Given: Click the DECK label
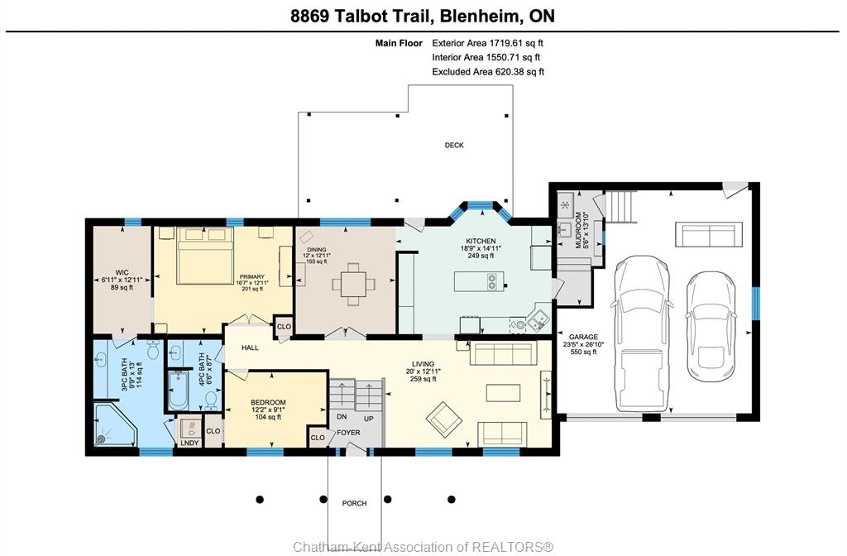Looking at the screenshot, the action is tap(454, 145).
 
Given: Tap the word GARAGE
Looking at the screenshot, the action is tap(583, 337).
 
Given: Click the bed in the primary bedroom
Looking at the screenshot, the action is tap(205, 256).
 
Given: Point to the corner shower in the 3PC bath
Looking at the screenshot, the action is tap(115, 424).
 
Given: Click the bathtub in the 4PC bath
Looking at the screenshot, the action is tap(179, 391).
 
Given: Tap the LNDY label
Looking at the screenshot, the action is tap(189, 443).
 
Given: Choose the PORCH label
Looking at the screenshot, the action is tap(354, 503).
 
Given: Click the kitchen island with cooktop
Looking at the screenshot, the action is tap(479, 281).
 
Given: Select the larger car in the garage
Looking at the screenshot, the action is tap(642, 333).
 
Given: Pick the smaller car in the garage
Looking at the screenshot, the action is tap(711, 326).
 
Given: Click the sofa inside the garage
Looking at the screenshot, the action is tap(705, 234).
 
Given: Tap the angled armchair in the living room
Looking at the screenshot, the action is tap(443, 419).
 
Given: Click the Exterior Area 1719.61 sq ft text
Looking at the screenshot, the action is tap(487, 43).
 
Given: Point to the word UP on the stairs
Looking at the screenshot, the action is tap(368, 419).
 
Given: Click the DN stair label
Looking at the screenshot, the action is tap(342, 417).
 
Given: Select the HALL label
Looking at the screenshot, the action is tap(250, 347).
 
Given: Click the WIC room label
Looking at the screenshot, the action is tap(122, 273).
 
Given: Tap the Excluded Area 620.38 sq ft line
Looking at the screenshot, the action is tap(488, 71).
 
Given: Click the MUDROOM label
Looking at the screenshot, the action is tap(578, 230).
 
